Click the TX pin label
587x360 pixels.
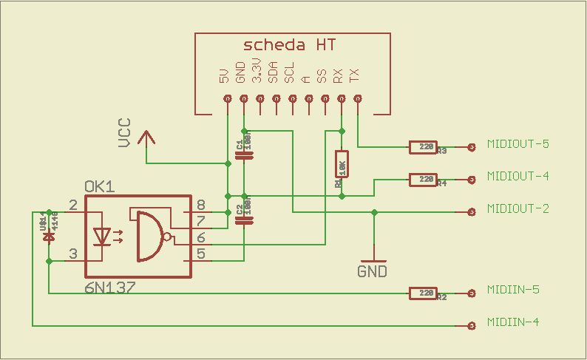click(x=356, y=75)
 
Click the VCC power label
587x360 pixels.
click(x=125, y=133)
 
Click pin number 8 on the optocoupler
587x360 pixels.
click(x=200, y=206)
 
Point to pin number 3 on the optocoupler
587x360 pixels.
click(x=72, y=254)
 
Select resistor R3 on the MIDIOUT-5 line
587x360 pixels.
click(x=424, y=147)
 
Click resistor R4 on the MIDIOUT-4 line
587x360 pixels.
click(x=424, y=179)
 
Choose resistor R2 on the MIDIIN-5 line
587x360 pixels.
click(x=424, y=293)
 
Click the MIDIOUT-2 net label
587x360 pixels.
click(x=518, y=209)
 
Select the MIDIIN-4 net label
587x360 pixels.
click(x=513, y=322)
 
